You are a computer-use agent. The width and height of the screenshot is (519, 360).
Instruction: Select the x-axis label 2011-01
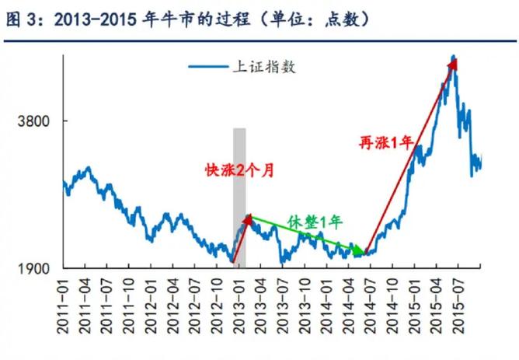64,308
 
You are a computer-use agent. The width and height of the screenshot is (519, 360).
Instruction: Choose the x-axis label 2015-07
452,308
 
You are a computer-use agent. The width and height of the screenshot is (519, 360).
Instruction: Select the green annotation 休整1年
315,220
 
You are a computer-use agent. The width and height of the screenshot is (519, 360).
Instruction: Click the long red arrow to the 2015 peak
409,156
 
